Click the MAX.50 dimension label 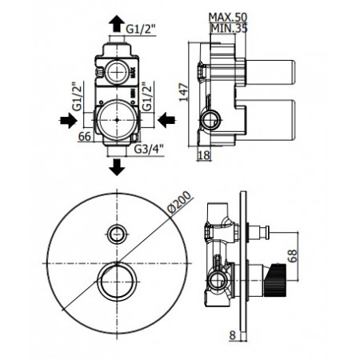tap(228, 18)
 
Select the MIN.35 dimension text tap(229, 28)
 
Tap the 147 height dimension tap(183, 92)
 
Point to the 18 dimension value tap(204, 155)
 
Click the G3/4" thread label tap(149, 150)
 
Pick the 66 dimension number tap(85, 137)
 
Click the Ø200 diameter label tap(179, 202)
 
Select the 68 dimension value tap(292, 256)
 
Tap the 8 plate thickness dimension tap(233, 335)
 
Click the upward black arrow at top tap(117, 24)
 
